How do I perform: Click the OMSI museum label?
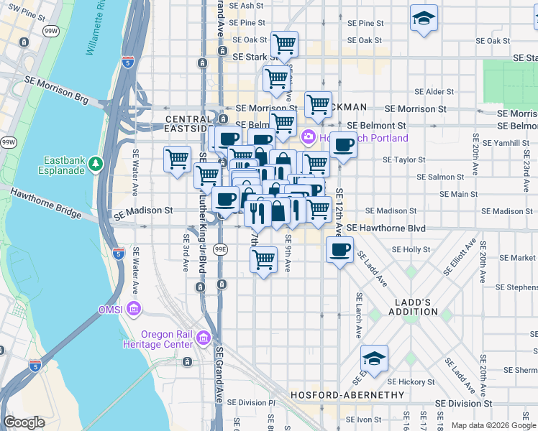pos(113,310)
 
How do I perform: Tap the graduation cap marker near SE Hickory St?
pos(374,358)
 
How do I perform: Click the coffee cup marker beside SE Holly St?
pos(339,249)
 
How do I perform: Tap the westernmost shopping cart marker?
pos(177,158)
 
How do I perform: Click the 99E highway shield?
pos(223,249)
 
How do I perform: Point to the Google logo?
pos(25,422)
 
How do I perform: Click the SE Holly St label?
pos(411,250)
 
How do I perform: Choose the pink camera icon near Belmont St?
pos(309,136)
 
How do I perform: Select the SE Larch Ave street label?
pos(357,315)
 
